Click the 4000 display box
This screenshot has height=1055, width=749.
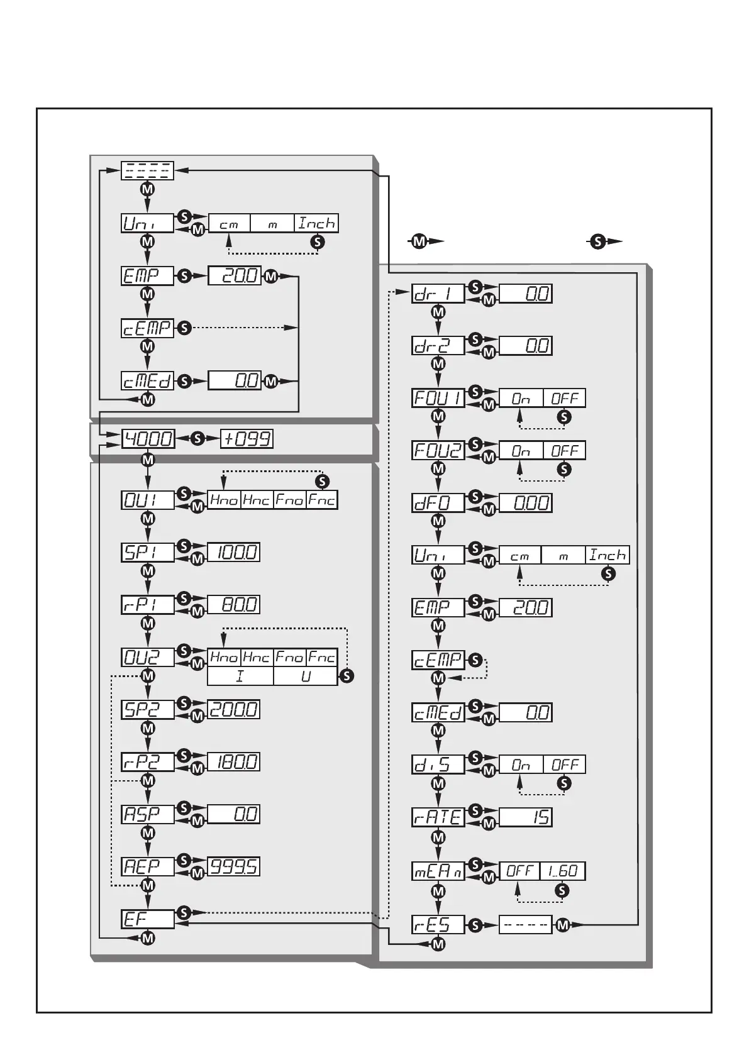click(x=147, y=438)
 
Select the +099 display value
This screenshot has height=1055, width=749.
click(x=247, y=438)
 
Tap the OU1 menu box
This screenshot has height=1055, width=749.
click(x=147, y=500)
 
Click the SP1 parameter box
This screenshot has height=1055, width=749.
click(x=147, y=552)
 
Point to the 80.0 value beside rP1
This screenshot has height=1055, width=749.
click(x=233, y=604)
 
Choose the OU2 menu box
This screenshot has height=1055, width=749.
click(x=147, y=657)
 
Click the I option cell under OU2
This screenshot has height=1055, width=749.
click(x=240, y=677)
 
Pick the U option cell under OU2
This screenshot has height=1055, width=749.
click(x=306, y=677)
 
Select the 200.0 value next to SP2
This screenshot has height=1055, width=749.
click(x=233, y=709)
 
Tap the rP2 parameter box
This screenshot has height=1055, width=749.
click(x=147, y=761)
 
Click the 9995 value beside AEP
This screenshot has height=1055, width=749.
click(x=233, y=866)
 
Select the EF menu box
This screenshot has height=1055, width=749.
click(x=147, y=919)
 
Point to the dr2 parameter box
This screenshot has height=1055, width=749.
click(x=438, y=345)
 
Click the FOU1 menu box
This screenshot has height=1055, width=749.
click(x=438, y=398)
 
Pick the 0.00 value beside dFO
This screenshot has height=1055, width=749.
click(x=525, y=502)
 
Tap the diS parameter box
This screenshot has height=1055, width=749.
click(x=438, y=765)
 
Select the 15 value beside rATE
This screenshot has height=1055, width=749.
click(x=525, y=817)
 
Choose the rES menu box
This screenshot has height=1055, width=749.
click(x=438, y=924)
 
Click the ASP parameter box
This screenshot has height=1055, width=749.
click(x=147, y=814)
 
